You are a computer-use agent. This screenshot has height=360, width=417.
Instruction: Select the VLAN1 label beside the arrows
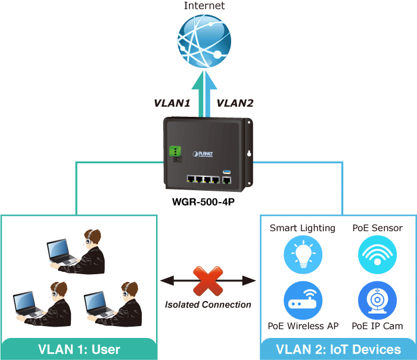(172, 103)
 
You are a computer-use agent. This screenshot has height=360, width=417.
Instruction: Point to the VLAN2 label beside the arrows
(235, 103)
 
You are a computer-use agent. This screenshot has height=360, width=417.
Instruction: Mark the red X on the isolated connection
(208, 280)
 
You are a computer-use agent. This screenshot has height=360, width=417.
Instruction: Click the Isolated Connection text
(208, 305)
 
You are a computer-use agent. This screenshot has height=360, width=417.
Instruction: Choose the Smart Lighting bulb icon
(303, 255)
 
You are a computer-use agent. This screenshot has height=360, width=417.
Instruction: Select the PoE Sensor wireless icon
(377, 255)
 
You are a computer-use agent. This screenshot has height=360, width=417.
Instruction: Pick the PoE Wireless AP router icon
(303, 301)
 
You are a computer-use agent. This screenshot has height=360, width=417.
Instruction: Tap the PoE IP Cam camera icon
(377, 301)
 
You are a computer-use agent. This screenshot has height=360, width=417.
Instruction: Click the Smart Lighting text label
(303, 228)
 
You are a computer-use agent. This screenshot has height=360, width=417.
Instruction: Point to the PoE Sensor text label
(377, 228)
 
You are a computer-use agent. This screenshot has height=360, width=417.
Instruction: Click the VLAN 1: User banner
(79, 349)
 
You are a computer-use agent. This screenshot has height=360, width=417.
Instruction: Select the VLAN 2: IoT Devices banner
(338, 349)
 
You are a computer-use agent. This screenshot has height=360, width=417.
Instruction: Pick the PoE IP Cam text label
(377, 326)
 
